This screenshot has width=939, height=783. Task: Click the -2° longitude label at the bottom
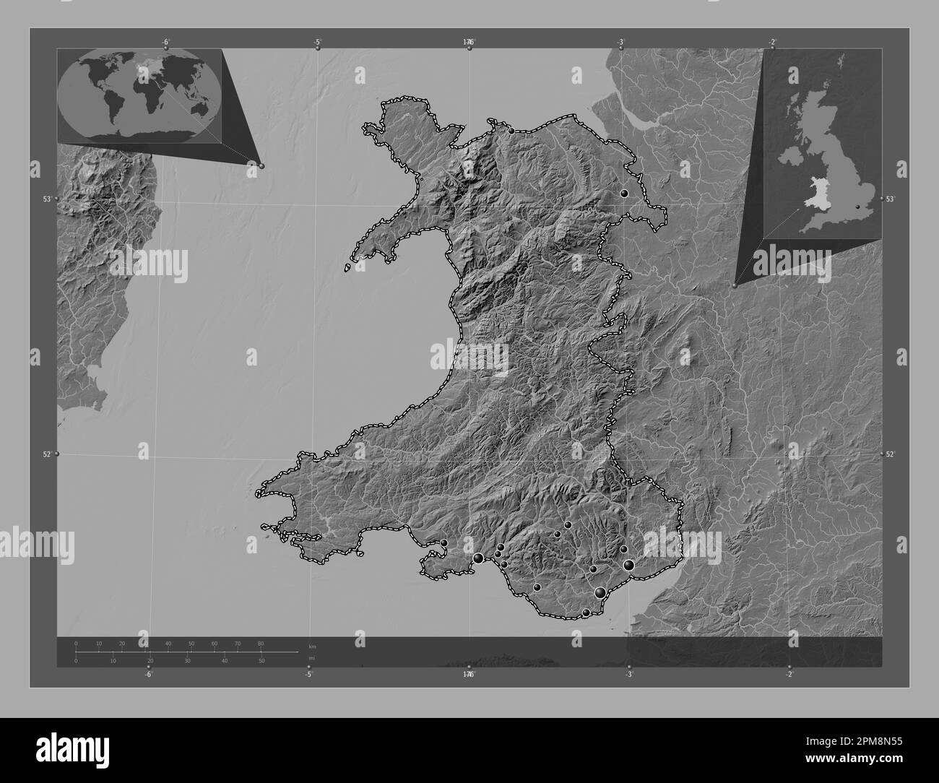point(789,675)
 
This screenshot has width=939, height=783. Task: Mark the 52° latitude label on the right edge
point(891,454)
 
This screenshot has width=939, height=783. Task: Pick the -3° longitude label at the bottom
point(628,675)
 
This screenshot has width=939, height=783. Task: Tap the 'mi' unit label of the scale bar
point(311,658)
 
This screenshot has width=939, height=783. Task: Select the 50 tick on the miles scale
point(261,660)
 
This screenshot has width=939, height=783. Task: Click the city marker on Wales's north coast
point(511,131)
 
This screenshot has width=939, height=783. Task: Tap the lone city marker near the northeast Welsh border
point(624,194)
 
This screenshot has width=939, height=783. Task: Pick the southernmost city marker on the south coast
point(587,613)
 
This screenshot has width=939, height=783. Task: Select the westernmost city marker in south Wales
point(444,543)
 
